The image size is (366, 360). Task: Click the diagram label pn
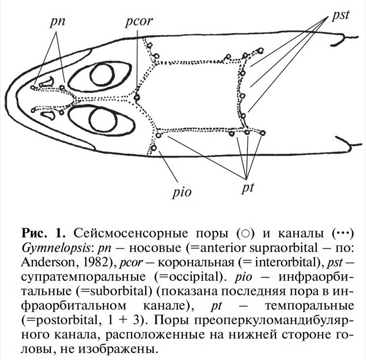tap(57, 22)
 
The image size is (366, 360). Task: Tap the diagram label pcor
tap(139, 22)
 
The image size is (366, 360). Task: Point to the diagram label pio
tap(182, 192)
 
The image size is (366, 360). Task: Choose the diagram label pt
tap(247, 188)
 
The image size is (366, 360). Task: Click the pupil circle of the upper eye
tap(102, 75)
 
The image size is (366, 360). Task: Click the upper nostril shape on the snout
tap(47, 82)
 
